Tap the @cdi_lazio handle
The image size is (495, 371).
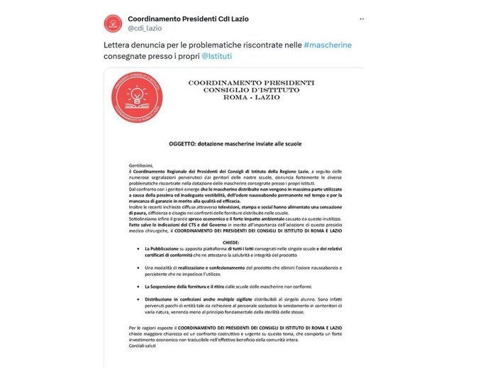(145, 28)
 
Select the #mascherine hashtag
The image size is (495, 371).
(327, 45)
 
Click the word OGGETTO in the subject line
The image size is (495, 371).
(186, 144)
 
